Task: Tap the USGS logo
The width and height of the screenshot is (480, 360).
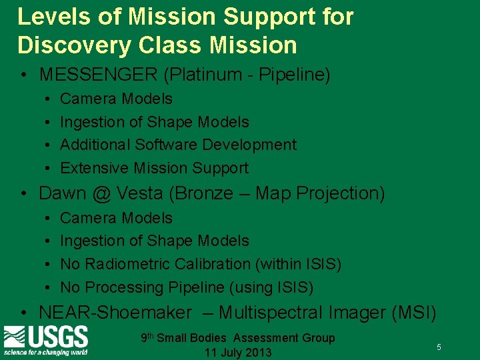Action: (46, 340)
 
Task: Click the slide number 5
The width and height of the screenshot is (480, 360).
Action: (439, 347)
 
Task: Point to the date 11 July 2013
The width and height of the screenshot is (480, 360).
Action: (238, 353)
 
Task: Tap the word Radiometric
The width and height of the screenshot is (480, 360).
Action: (124, 264)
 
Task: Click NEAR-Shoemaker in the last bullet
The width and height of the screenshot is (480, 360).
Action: (115, 312)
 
